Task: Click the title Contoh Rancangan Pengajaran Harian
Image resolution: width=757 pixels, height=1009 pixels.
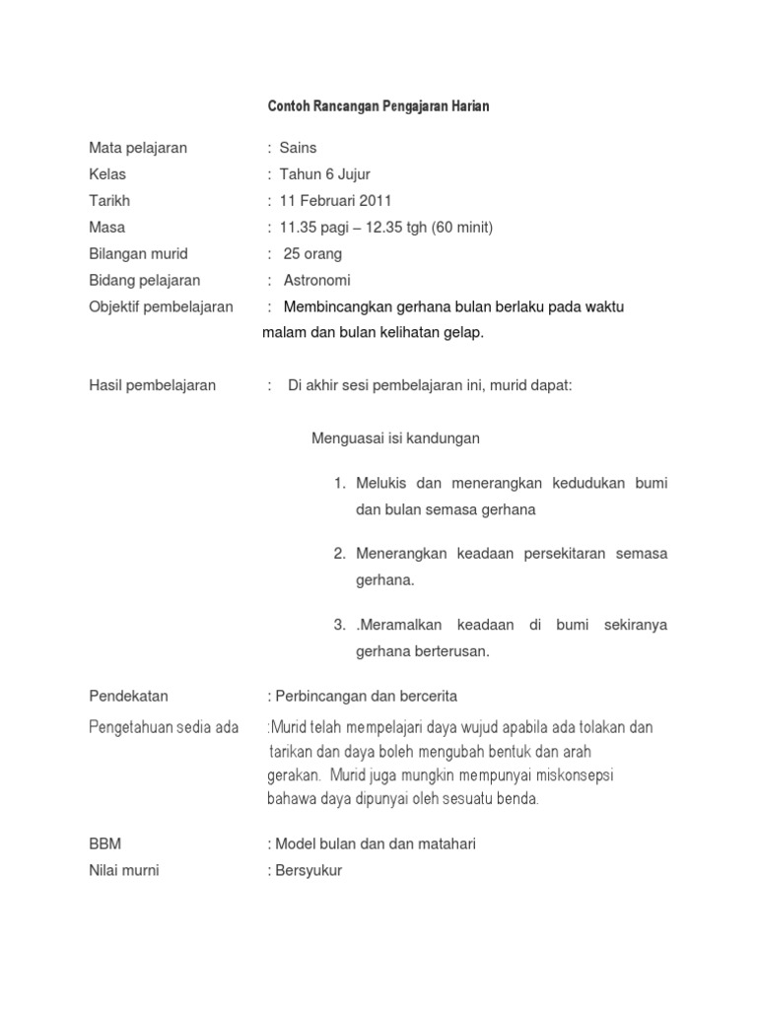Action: pos(378,105)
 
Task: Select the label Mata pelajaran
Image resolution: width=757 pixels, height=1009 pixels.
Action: pos(138,148)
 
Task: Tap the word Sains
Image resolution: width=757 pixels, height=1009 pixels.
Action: pos(299,148)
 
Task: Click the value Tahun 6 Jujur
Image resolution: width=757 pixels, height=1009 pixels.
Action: pos(325,174)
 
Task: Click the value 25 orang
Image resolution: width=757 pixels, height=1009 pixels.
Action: pos(312,254)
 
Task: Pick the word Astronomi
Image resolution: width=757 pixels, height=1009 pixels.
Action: pos(316,281)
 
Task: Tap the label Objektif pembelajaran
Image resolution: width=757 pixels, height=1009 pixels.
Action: pos(161,306)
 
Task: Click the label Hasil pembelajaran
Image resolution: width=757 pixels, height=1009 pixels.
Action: pos(152,385)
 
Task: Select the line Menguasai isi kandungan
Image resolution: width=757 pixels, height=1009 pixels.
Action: pos(395,438)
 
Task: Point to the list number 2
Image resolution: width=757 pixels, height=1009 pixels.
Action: pos(339,554)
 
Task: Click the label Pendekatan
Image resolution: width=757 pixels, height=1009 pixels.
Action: pos(128,696)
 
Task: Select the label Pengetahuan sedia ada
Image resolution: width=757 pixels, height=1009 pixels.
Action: pos(164,727)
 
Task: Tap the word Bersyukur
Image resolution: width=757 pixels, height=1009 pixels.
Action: pos(308,870)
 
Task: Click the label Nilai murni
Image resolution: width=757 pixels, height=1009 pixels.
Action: pos(124,870)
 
